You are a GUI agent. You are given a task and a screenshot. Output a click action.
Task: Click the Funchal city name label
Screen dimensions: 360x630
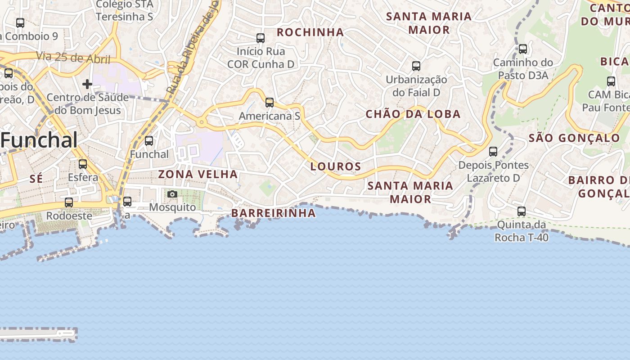(x=40, y=140)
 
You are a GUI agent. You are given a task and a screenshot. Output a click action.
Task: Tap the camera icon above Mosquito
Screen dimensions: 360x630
(x=172, y=194)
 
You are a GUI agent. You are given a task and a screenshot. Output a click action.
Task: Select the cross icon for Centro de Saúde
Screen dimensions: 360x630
(x=87, y=84)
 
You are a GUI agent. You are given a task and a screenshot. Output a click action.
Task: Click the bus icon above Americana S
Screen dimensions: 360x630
(x=270, y=103)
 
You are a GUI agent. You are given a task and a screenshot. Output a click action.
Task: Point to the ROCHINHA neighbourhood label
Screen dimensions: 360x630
(x=310, y=32)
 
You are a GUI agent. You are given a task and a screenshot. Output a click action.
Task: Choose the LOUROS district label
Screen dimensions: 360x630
(x=336, y=166)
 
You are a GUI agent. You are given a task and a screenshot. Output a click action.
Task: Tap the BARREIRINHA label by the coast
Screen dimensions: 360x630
(x=274, y=213)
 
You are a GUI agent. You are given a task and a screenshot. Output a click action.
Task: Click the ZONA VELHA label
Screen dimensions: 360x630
(x=198, y=174)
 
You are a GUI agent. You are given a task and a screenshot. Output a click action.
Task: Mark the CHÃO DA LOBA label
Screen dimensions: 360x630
(x=413, y=114)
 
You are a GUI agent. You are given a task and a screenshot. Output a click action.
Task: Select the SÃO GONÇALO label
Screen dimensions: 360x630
(x=574, y=138)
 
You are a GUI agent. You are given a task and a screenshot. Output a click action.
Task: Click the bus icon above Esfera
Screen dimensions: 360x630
(x=83, y=164)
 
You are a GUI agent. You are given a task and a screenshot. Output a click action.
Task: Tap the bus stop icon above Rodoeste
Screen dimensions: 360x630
(x=69, y=202)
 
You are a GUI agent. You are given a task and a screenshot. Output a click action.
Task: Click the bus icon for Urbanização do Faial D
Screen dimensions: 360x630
(x=416, y=66)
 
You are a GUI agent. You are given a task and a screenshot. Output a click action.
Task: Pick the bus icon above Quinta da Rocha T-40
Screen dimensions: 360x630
(x=522, y=211)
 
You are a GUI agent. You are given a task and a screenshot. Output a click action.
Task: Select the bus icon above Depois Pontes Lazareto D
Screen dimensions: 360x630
(x=493, y=152)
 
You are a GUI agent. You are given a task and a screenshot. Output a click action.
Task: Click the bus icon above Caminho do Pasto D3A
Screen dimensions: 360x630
(x=523, y=49)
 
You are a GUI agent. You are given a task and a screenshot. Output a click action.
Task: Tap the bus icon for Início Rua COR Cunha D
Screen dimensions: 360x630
(x=261, y=38)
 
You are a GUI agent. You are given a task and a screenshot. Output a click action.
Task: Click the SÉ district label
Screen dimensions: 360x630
(x=36, y=179)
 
